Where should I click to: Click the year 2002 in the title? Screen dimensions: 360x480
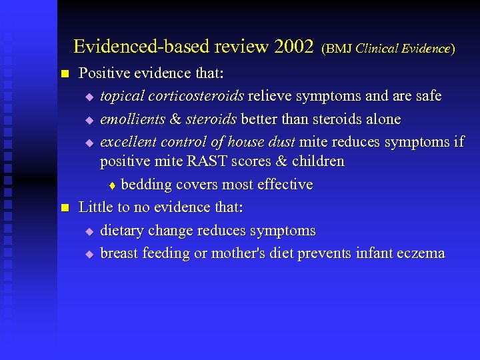(x=293, y=47)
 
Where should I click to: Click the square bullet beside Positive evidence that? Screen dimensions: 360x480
(x=64, y=73)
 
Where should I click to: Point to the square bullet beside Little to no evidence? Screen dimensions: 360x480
(x=64, y=208)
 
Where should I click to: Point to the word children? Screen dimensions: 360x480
(x=318, y=161)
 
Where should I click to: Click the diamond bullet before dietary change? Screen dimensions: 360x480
(x=91, y=231)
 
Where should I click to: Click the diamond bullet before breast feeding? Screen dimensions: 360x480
(x=91, y=254)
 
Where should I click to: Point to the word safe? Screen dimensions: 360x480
(x=427, y=96)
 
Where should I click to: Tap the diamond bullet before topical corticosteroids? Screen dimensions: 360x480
(x=91, y=97)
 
